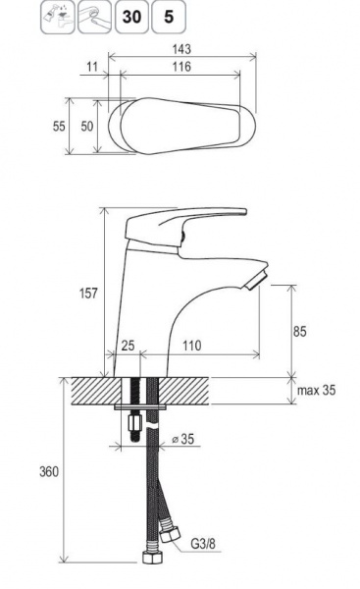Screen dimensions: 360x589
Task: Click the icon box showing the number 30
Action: [131, 17]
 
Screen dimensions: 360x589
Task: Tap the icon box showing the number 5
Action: [169, 17]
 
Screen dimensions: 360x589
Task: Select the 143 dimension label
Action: [181, 49]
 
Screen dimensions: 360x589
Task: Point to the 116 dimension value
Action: [181, 67]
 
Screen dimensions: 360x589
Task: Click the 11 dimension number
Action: [92, 67]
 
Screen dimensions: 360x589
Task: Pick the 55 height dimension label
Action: [59, 127]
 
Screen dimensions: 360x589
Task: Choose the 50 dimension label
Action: [87, 127]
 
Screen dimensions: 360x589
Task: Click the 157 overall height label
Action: [88, 293]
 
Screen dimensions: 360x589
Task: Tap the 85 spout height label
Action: [299, 332]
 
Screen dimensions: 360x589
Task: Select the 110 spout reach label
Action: [192, 346]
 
